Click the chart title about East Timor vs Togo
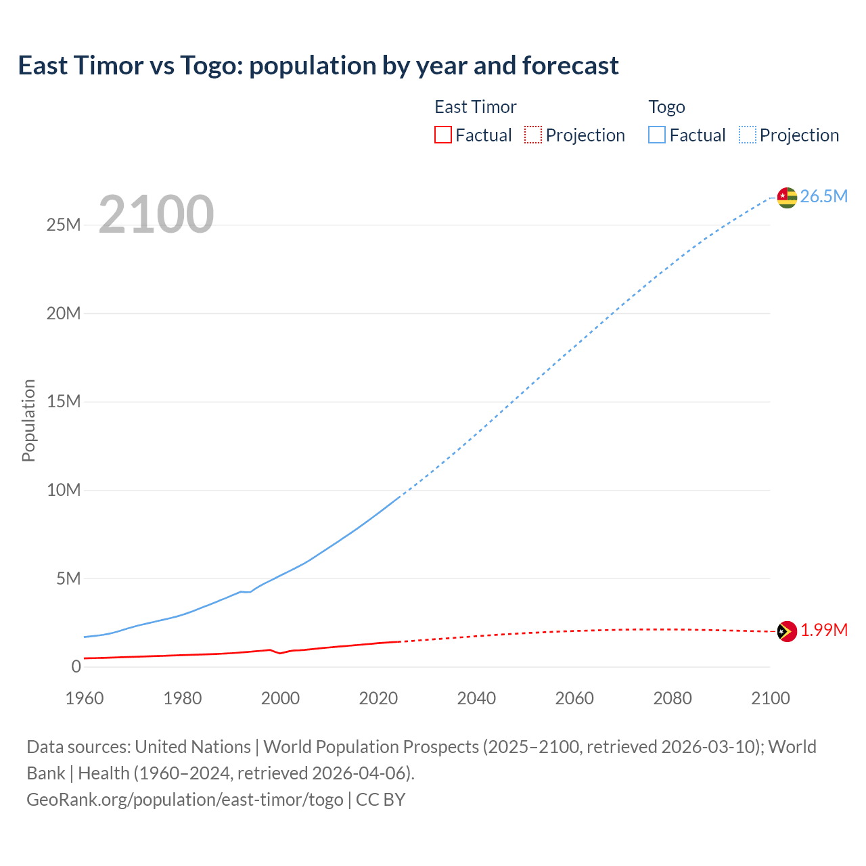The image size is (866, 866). [x=318, y=66]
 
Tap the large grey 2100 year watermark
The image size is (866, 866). [x=156, y=214]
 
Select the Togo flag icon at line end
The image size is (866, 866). [x=786, y=198]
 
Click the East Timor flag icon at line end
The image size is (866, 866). [x=786, y=631]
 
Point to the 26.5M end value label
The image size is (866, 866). [x=823, y=197]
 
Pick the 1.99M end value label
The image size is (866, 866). [x=823, y=631]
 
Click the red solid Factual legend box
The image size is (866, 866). [x=442, y=135]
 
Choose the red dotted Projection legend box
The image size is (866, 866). [x=533, y=135]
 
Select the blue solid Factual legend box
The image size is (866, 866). [x=656, y=135]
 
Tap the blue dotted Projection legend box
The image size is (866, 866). [x=747, y=135]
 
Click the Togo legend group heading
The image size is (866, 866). [x=666, y=107]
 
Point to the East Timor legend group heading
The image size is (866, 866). [x=475, y=107]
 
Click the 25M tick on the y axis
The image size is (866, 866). [x=64, y=225]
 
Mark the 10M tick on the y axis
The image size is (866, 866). [x=64, y=490]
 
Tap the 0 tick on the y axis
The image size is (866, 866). [x=76, y=667]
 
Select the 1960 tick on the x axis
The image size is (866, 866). [x=85, y=698]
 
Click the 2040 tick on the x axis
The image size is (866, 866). [x=476, y=698]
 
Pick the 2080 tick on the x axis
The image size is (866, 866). [x=673, y=698]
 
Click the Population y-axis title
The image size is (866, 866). [x=28, y=420]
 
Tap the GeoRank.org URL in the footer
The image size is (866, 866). [x=185, y=800]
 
